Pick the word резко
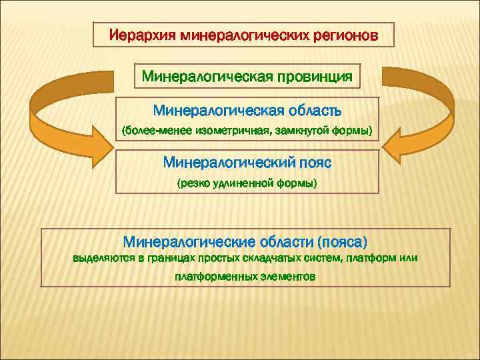pyautogui.click(x=192, y=183)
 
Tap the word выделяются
pyautogui.click(x=103, y=258)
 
